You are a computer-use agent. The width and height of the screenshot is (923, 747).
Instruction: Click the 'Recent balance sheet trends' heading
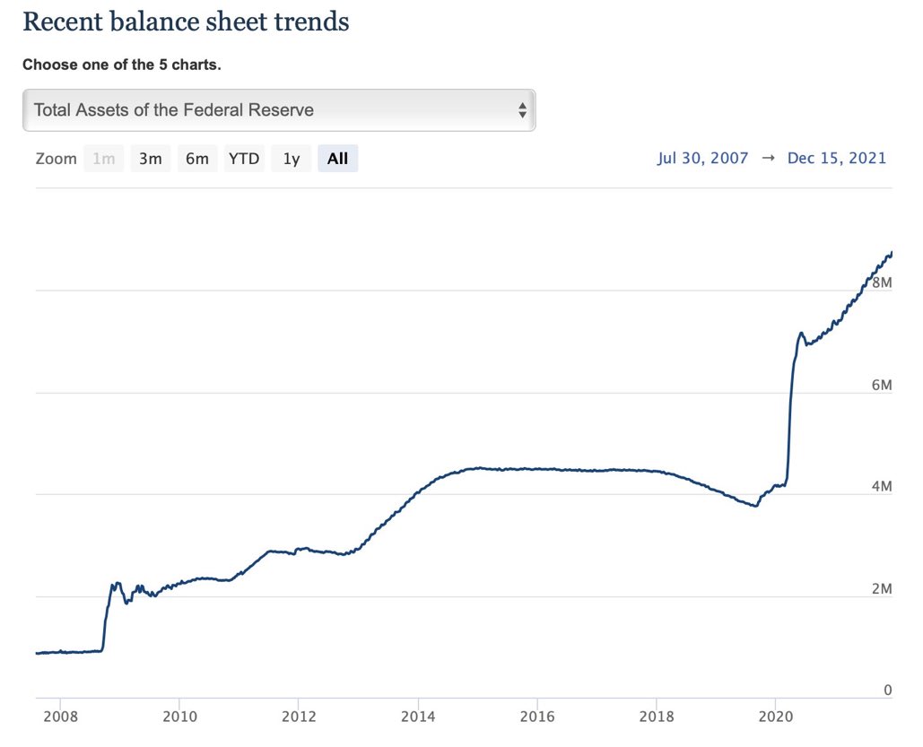pos(186,22)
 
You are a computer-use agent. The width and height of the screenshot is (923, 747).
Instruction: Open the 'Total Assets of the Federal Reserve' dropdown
pos(278,110)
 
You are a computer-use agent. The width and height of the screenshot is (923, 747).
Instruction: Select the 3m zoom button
pos(150,159)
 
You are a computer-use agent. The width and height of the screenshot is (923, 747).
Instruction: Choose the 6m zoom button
pos(197,159)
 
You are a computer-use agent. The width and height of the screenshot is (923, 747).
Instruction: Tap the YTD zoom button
pos(244,159)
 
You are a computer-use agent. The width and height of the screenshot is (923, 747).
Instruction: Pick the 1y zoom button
pos(292,159)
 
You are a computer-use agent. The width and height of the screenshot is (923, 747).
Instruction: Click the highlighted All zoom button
pos(337,159)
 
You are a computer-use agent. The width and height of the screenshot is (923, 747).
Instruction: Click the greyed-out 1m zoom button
pos(104,159)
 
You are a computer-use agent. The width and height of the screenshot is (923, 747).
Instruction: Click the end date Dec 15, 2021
pos(836,159)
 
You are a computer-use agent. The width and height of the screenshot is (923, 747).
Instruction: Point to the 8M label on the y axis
pos(882,283)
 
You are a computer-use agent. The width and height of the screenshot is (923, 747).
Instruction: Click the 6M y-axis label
pos(882,386)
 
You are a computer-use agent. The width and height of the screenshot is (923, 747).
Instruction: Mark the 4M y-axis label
pos(882,487)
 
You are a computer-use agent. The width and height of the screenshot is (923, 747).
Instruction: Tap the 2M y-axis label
pos(882,589)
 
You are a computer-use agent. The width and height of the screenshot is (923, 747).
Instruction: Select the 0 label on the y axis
pos(887,691)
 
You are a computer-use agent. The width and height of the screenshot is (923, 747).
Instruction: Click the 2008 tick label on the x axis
pos(60,717)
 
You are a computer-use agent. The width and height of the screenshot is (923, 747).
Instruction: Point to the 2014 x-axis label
pos(417,717)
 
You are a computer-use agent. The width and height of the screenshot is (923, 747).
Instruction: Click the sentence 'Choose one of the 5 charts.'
pos(121,65)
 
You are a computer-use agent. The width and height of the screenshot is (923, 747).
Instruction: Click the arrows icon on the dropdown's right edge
pos(522,110)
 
